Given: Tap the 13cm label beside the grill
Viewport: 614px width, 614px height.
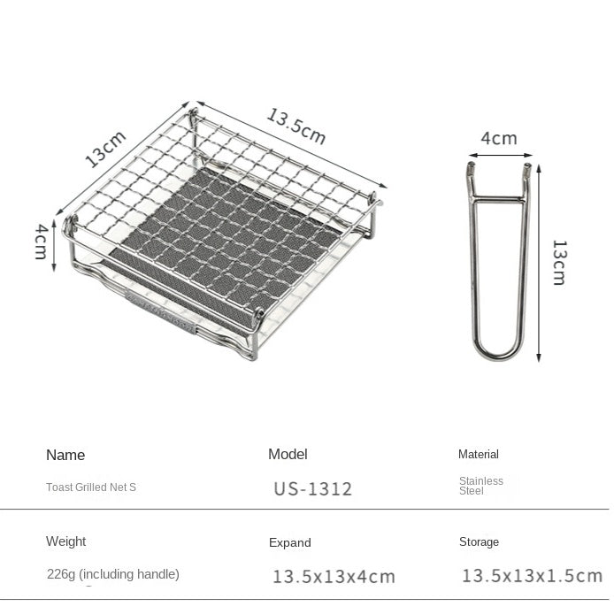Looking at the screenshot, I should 105,149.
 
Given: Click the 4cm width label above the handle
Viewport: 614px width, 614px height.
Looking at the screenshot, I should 499,138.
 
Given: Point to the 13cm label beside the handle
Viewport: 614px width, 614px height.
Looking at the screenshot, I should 559,262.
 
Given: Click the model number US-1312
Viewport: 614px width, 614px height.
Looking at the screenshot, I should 313,489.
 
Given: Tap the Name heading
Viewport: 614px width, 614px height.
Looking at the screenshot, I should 65,455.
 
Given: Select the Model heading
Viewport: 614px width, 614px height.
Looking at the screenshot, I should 288,454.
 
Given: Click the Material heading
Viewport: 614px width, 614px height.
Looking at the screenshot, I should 479,454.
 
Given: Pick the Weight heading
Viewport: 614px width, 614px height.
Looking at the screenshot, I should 66,541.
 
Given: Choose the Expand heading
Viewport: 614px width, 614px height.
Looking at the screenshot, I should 290,542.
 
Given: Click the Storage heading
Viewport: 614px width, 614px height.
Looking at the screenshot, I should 480,541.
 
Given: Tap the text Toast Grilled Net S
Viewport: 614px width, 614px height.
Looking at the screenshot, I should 91,487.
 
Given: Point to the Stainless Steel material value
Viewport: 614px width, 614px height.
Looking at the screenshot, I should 481,486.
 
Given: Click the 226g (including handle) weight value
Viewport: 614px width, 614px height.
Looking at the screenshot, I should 113,574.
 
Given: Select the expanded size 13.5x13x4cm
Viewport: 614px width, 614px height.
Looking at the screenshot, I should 334,577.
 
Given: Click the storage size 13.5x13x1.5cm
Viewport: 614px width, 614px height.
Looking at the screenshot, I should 532,576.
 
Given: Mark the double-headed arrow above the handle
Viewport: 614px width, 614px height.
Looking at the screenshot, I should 500,156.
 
